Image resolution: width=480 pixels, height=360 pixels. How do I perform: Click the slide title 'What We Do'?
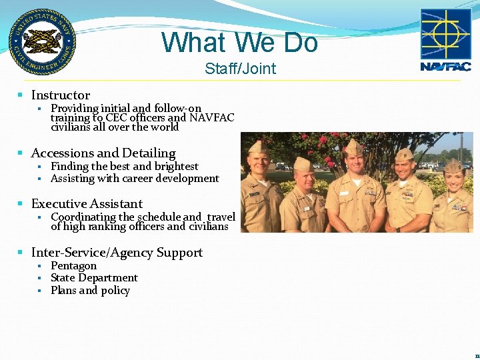[x=240, y=43]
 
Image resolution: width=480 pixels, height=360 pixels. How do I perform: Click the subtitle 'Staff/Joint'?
[x=240, y=69]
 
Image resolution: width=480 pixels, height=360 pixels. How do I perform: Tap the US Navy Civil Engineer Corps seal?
[x=42, y=41]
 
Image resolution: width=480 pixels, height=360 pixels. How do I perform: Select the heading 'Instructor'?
[x=60, y=95]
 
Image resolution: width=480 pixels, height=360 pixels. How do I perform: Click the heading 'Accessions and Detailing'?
[x=103, y=153]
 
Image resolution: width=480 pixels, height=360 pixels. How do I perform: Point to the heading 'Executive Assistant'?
[x=87, y=204]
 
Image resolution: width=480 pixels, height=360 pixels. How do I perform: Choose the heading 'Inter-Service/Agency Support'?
[x=117, y=253]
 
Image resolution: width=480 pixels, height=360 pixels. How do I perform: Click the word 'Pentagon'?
[x=73, y=266]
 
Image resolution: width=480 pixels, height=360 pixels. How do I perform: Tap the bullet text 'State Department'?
[x=94, y=278]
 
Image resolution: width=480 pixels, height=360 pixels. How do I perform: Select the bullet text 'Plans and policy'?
[x=90, y=291]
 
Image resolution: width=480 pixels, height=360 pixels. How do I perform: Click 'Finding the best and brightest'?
[x=124, y=167]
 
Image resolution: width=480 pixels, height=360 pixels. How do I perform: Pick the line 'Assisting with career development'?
[x=135, y=179]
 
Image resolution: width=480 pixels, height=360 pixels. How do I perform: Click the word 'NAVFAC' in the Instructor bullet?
[x=212, y=118]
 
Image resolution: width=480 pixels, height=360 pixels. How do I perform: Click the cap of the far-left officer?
[x=258, y=147]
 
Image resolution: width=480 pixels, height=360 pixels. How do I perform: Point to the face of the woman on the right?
[x=453, y=179]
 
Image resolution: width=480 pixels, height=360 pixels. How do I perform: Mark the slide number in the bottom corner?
[x=477, y=356]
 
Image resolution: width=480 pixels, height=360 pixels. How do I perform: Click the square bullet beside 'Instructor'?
[x=21, y=96]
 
